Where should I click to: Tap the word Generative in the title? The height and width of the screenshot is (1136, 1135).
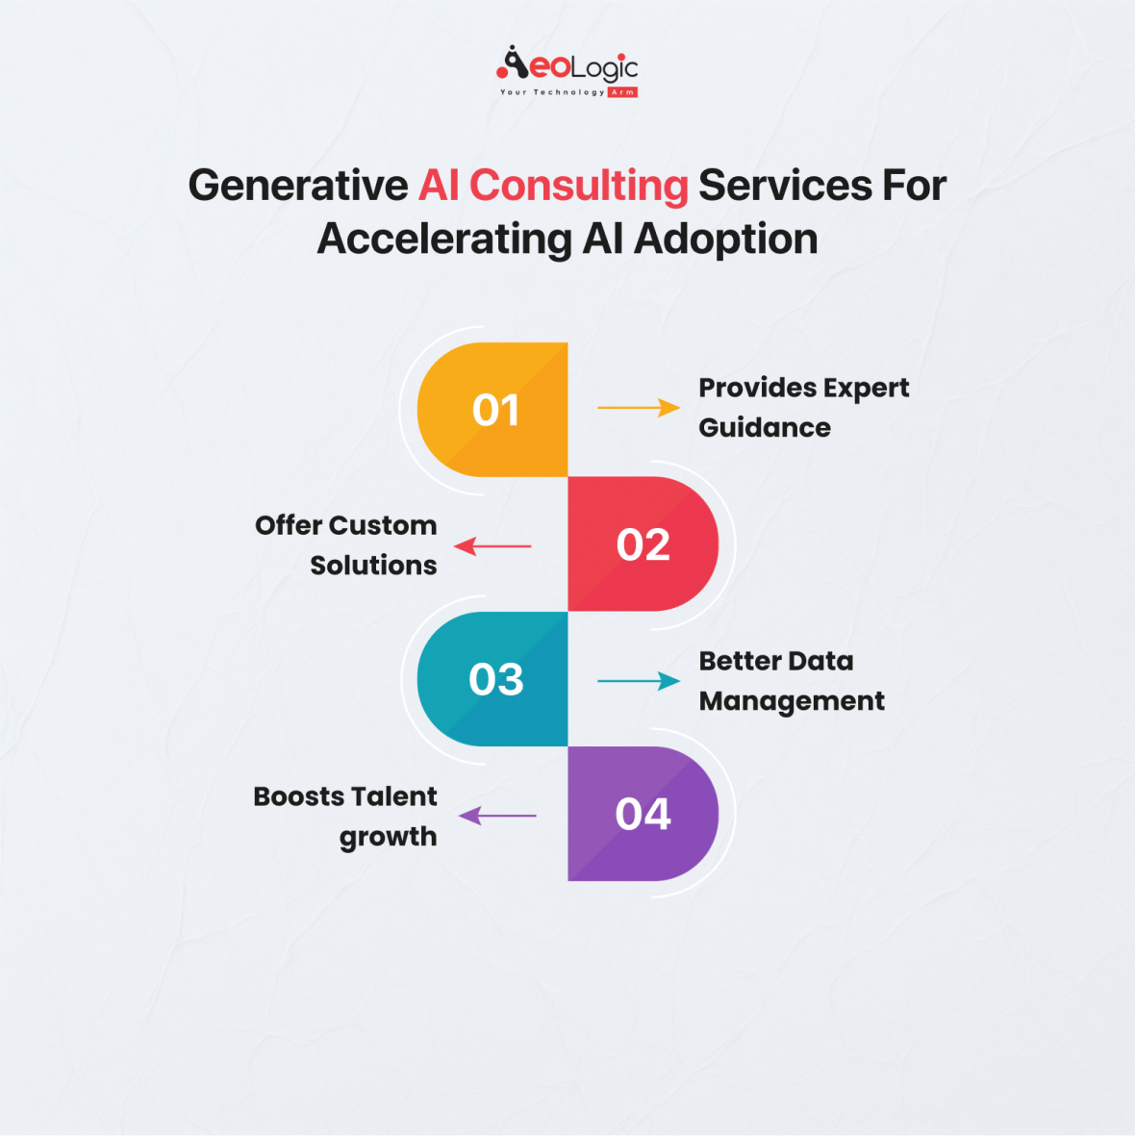pos(298,186)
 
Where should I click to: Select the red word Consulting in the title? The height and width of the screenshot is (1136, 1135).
pos(579,186)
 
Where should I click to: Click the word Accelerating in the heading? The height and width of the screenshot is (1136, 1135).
pos(444,240)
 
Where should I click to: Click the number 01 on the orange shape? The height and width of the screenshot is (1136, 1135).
pos(496,411)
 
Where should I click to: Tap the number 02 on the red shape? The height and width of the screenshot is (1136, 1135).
pos(643,545)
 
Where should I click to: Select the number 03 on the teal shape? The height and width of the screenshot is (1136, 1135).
pos(496,680)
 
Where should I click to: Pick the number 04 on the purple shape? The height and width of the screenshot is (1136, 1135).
pos(643,815)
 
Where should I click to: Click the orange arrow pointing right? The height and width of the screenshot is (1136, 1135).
pos(638,408)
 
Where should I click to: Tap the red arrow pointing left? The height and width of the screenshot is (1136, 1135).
pos(492,546)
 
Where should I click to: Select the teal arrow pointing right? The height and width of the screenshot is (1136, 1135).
pos(638,681)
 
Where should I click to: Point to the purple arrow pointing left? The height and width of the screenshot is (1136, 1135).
pos(496,816)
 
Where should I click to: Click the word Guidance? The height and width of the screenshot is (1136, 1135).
pos(765,428)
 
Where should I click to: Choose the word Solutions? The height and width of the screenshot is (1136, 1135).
pos(373,566)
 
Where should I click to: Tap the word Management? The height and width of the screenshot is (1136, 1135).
pos(792,701)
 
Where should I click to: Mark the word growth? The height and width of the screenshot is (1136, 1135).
pos(388,837)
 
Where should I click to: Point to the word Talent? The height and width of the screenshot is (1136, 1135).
pos(394,797)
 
